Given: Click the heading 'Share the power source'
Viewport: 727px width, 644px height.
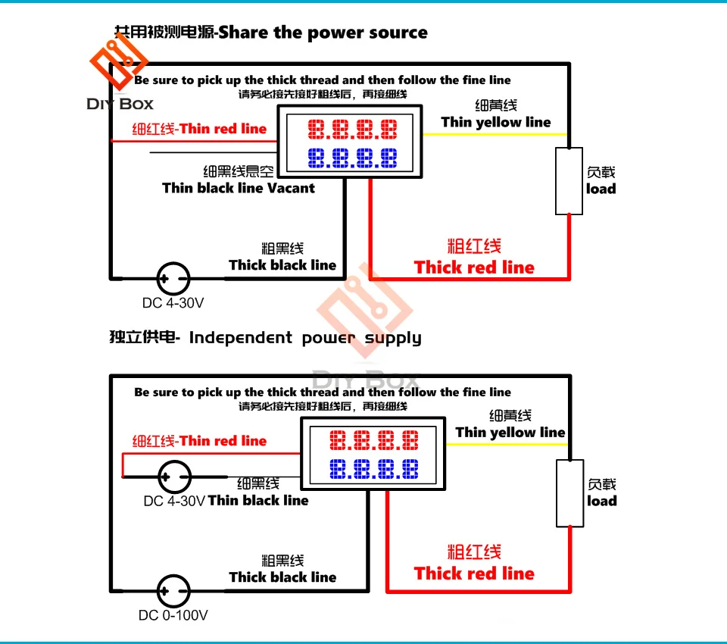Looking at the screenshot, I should (323, 33).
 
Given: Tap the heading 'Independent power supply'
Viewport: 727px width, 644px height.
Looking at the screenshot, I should (305, 338).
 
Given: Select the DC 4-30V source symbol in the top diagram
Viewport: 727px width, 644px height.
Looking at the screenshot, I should (173, 278).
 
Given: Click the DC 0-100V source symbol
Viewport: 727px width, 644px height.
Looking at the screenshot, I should (173, 590).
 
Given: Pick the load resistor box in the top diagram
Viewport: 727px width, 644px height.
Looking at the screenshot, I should (569, 181).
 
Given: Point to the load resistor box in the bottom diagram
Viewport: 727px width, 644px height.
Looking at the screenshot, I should (569, 493).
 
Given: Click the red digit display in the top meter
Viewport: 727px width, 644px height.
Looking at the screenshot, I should (352, 130).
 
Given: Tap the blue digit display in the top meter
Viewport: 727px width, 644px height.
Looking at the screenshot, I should (352, 158).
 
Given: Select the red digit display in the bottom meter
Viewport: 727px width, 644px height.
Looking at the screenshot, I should (374, 441).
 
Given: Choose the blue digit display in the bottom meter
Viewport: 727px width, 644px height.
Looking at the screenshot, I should (374, 470).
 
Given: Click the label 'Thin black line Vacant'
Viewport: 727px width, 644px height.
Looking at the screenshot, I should (239, 188).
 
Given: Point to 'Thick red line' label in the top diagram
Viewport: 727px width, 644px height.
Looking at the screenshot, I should (474, 267).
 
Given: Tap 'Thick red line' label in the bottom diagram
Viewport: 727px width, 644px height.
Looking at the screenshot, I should (474, 574).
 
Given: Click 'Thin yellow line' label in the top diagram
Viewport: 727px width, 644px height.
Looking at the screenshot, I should (496, 122).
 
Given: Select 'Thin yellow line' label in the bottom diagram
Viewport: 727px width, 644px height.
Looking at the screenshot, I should (510, 433).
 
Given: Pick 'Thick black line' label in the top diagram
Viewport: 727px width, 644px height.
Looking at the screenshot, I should (282, 265).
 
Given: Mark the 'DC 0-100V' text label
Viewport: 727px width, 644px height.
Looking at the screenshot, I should (173, 615).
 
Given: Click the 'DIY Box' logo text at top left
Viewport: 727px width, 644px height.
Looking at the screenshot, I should (120, 104).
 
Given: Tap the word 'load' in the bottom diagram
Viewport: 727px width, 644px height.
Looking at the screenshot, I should (602, 501).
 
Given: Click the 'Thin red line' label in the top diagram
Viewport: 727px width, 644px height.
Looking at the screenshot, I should (223, 129).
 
